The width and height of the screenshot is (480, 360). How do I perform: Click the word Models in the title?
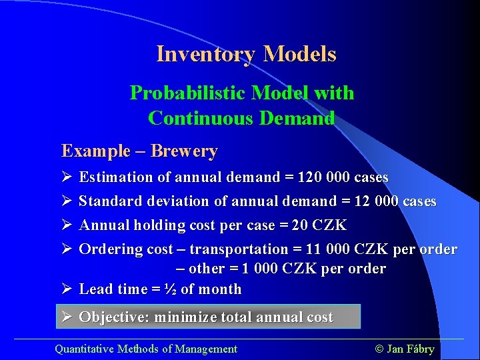299,54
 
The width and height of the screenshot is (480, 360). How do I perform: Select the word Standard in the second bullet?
108,201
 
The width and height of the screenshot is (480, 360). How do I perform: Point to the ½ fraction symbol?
171,289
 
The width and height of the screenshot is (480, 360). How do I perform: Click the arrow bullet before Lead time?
66,289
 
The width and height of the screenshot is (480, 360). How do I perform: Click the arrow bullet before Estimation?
66,177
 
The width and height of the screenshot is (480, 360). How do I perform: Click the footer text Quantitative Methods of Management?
145,349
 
